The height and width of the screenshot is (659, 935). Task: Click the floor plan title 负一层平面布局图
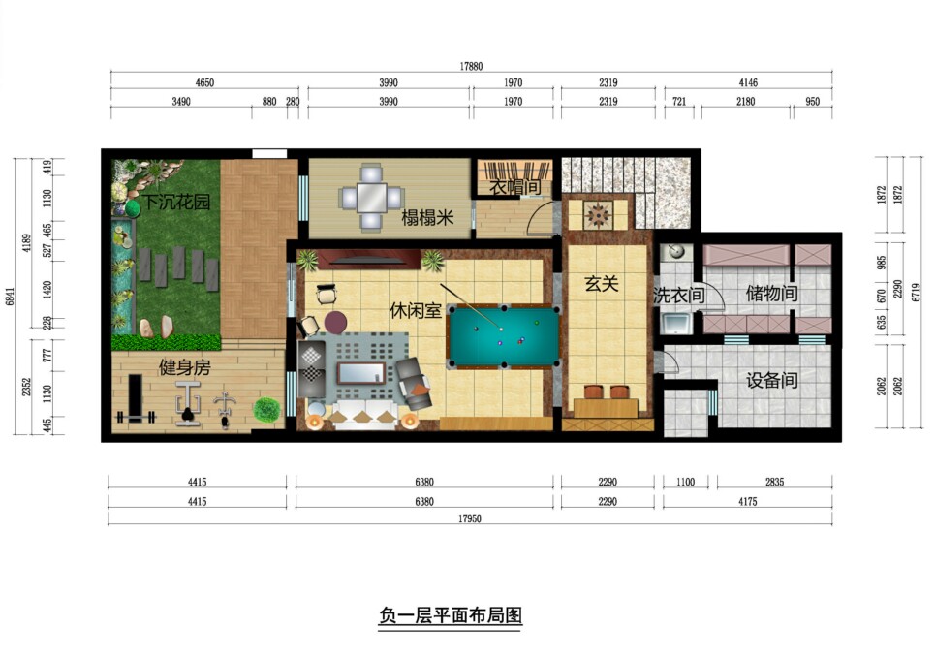pos(451,614)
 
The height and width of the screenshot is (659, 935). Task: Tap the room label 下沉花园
pos(176,203)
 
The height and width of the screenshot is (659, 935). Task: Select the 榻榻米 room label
pos(427,218)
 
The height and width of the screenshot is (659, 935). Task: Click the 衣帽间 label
pos(515,187)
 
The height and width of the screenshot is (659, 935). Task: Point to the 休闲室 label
pos(416,310)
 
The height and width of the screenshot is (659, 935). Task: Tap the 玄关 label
pos(601,283)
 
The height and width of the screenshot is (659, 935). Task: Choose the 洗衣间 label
pos(678,295)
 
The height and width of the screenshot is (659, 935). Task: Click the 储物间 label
pos(771,293)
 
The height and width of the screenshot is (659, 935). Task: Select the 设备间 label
pos(771,380)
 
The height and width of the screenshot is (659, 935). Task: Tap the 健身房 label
pos(184,366)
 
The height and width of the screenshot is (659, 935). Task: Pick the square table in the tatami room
pos(371,198)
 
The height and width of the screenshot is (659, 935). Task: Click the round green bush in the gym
pos(266,410)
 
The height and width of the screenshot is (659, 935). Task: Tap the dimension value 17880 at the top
pos(471,66)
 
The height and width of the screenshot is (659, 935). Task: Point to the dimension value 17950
pos(470,518)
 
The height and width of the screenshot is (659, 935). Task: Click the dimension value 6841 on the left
pos(10,295)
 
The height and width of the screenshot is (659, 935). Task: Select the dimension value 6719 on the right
pos(917,292)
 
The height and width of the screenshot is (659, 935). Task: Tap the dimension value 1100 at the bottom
pos(686,482)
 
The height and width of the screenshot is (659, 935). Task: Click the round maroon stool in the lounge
pos(335,323)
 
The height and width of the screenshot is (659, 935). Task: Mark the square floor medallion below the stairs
pos(598,215)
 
